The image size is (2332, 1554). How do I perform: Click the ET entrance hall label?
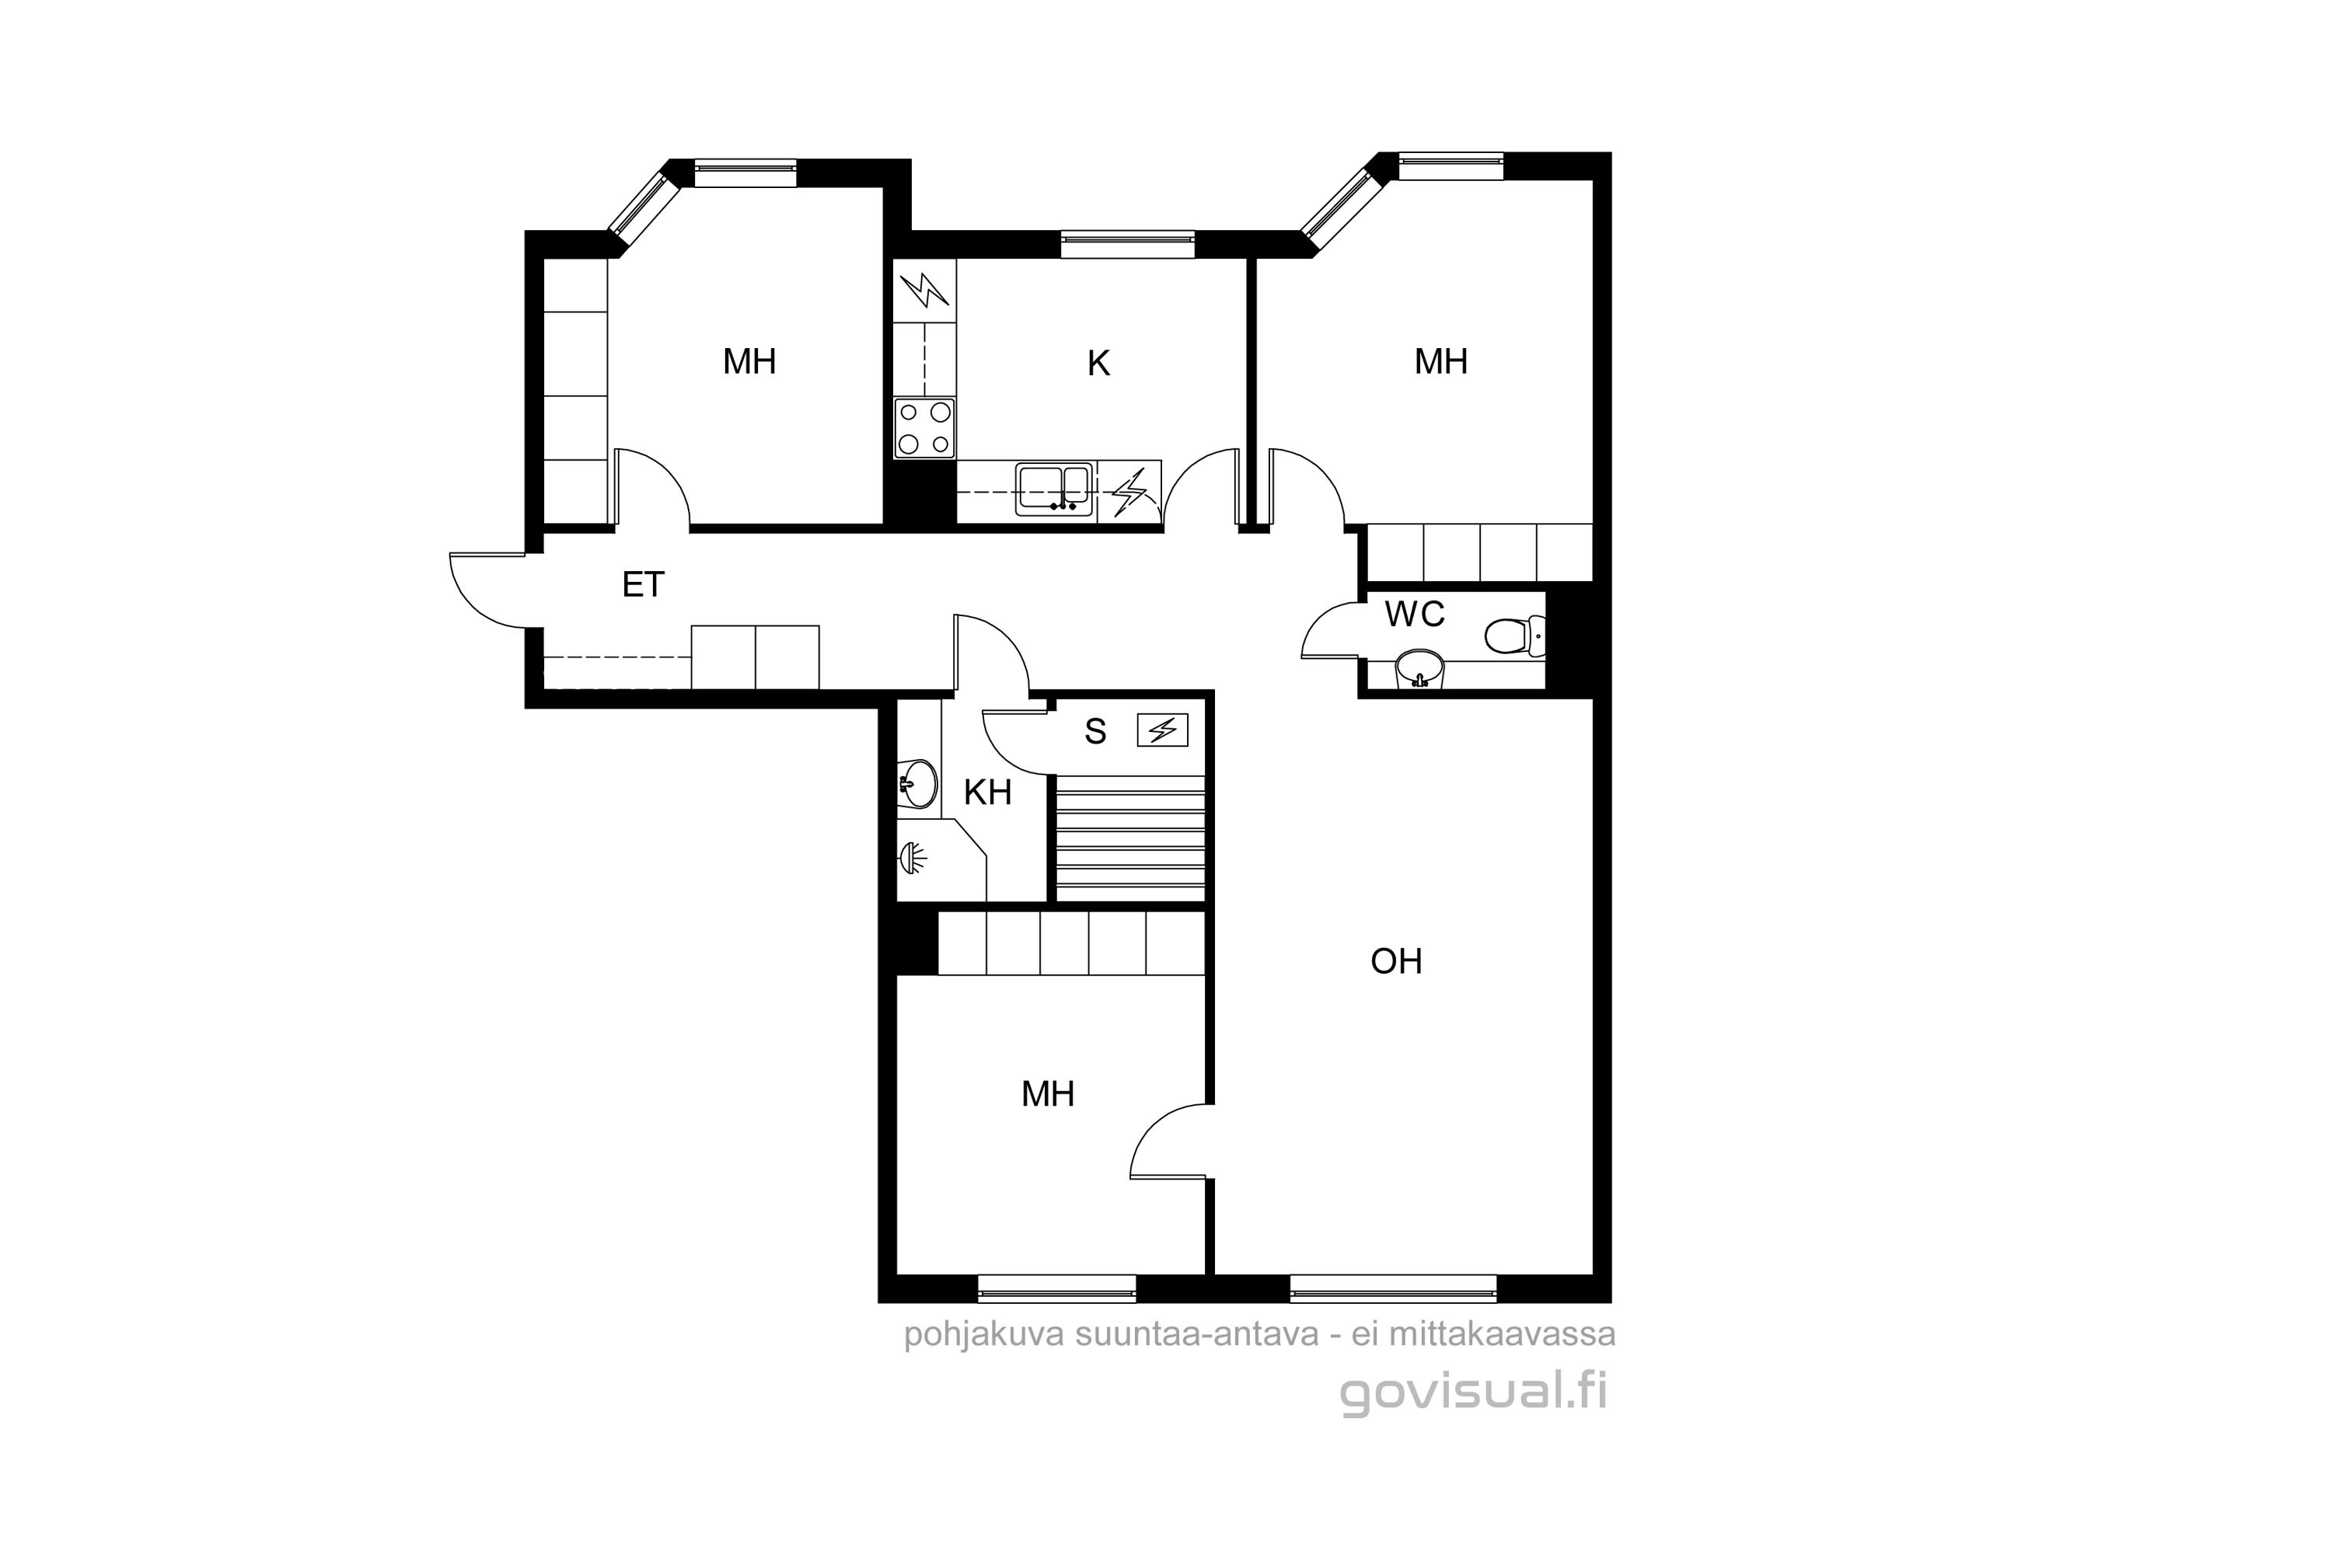tap(643, 585)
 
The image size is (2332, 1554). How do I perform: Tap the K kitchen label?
tap(1098, 364)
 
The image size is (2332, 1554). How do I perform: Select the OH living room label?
tap(1396, 961)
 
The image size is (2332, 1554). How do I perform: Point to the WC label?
tap(1414, 615)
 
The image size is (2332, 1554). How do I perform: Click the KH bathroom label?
tap(987, 792)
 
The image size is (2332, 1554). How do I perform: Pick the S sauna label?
tap(1094, 731)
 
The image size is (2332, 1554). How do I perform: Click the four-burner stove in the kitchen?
tap(924, 427)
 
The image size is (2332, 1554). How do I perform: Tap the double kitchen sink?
tap(1053, 489)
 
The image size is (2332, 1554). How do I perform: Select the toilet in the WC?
tap(1515, 636)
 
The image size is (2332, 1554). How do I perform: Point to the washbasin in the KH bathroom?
tap(917, 784)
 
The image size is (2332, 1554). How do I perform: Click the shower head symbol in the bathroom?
tap(912, 857)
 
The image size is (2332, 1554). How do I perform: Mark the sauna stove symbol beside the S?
tap(1162, 730)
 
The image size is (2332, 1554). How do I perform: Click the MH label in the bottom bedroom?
tap(1048, 1094)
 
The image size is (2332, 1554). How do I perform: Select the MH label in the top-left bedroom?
tap(749, 362)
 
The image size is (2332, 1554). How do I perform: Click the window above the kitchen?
tap(1127, 244)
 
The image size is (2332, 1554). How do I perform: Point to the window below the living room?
tap(1393, 1288)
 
